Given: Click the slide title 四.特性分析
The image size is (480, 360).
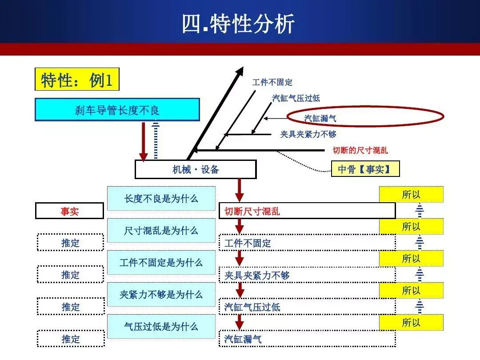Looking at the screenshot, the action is [x=238, y=24].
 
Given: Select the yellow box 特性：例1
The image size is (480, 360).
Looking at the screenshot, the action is [x=77, y=80].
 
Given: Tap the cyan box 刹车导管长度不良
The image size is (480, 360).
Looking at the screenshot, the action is [x=117, y=110].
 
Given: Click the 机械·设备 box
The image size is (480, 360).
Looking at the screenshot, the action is [x=196, y=169].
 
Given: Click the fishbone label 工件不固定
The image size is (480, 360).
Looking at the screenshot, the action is [x=272, y=82].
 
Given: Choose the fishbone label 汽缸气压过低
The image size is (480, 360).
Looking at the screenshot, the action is [x=296, y=98].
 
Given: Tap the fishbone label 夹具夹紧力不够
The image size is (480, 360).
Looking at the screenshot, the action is [x=308, y=134].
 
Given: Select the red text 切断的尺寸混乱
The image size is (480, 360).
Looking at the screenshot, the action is [x=360, y=150].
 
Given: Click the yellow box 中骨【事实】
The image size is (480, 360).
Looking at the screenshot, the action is [x=365, y=169].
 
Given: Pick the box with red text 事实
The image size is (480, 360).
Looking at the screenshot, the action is [x=69, y=212].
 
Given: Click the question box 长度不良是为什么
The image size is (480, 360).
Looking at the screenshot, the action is [x=161, y=199].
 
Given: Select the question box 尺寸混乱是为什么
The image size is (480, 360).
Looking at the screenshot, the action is [x=161, y=231].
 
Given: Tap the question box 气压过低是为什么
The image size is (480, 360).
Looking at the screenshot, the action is [x=161, y=327].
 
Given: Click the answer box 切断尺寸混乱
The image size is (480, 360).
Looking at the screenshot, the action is [x=307, y=211].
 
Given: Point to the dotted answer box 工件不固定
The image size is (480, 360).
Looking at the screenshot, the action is [x=307, y=243].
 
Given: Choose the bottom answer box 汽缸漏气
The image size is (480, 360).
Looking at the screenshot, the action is [x=307, y=339].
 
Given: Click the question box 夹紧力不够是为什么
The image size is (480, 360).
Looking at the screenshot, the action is [x=161, y=295].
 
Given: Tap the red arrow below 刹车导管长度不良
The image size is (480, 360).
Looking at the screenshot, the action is [x=144, y=141].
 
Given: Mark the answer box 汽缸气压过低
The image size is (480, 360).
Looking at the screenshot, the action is [x=307, y=307].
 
